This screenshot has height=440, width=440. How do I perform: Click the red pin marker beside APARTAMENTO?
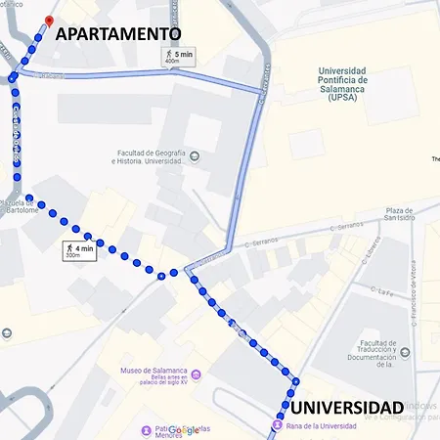49,21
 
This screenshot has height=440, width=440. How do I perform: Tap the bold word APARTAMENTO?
125,33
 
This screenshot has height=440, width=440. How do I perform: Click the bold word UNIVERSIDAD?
344,407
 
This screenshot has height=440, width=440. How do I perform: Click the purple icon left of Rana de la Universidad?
279,426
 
